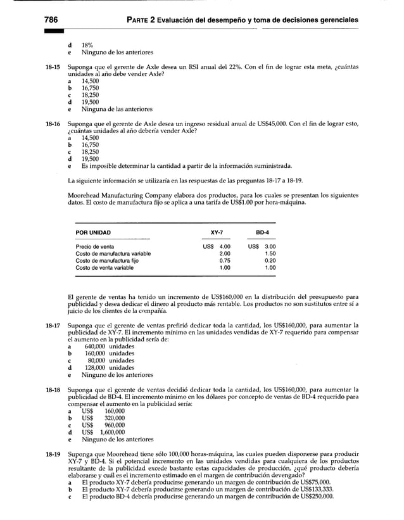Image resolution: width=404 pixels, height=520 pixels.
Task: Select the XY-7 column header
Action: click(219, 232)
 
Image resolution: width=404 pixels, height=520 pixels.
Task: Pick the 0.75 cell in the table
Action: click(224, 260)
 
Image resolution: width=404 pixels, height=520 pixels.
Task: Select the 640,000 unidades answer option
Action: click(108, 346)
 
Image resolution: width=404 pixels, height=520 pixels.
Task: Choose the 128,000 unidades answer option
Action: click(108, 367)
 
